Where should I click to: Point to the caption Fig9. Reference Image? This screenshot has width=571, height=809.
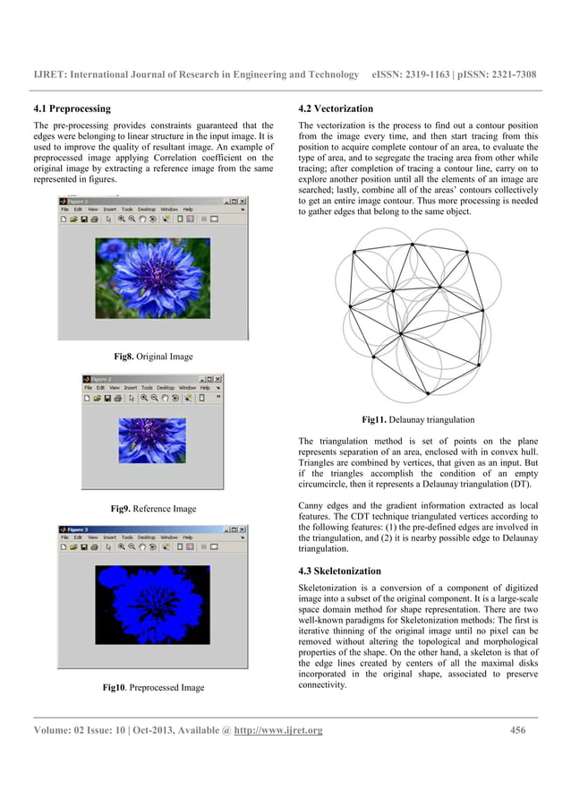[153, 509]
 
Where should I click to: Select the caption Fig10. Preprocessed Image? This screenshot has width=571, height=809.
[153, 687]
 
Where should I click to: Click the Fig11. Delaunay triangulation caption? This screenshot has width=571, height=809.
[417, 418]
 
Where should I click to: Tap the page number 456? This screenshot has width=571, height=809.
[517, 730]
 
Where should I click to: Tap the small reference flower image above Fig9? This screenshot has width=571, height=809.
[153, 440]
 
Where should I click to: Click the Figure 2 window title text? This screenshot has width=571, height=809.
[101, 379]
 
